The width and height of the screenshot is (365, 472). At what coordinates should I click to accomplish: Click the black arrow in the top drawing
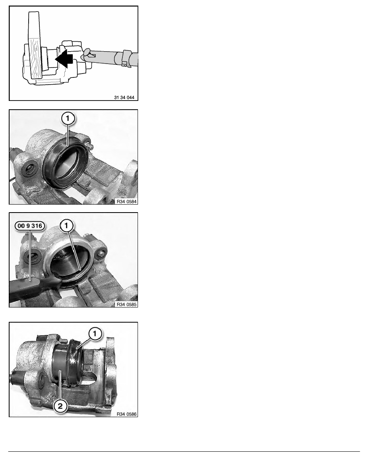tap(65, 58)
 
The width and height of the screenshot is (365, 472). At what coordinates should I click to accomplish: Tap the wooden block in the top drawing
tap(34, 45)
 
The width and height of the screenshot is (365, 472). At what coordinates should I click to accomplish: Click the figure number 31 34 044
tap(124, 97)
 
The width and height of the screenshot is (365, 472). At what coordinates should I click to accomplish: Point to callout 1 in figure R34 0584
tap(68, 118)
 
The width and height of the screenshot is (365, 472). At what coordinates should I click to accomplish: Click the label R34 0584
tap(126, 201)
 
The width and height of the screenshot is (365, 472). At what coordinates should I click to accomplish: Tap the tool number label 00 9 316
tap(30, 226)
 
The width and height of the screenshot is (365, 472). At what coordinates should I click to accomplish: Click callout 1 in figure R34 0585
tap(66, 225)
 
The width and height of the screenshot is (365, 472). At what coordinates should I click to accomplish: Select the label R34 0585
tap(126, 304)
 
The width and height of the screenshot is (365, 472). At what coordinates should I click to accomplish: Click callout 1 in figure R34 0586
tap(95, 334)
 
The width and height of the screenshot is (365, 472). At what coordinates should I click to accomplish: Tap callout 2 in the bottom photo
tap(60, 406)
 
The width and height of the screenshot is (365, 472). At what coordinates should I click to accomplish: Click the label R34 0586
tap(126, 414)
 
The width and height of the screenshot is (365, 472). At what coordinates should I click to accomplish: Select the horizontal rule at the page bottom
tap(184, 451)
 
